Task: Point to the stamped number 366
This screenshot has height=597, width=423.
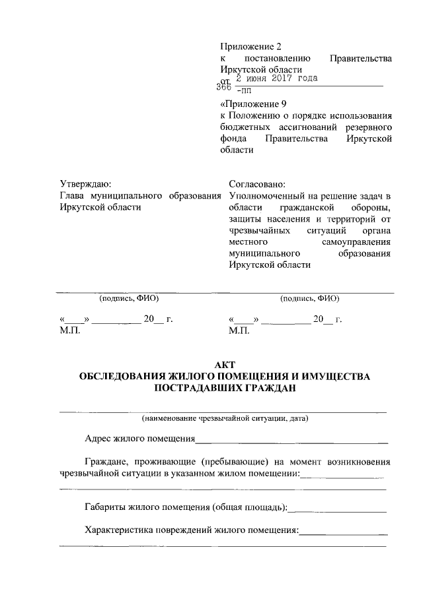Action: tap(224, 88)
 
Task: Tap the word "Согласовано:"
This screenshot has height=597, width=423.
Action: tap(256, 184)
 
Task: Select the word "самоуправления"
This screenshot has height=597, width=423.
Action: tap(357, 242)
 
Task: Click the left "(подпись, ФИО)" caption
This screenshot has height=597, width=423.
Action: tap(129, 298)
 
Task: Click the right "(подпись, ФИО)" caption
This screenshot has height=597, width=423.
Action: tap(310, 298)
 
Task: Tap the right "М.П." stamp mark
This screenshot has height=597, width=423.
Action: tap(239, 330)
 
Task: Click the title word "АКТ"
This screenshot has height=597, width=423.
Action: tap(225, 365)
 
